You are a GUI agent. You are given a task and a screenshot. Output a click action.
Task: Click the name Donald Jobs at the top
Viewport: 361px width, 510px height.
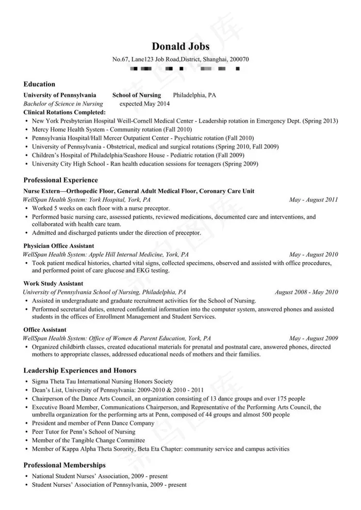(180, 46)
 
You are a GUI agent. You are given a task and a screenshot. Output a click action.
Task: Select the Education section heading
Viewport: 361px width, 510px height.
(39, 84)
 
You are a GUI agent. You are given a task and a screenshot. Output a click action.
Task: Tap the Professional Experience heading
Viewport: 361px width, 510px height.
(60, 180)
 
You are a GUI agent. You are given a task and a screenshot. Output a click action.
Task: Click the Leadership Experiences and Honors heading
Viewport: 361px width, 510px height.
(80, 370)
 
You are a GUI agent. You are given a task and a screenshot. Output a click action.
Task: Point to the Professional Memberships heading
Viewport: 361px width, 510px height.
(64, 465)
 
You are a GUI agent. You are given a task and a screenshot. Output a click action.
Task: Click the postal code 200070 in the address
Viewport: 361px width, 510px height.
(239, 59)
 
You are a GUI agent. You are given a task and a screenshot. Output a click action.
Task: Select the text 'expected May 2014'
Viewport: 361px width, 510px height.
(144, 104)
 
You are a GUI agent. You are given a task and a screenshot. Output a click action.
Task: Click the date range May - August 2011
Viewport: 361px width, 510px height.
(314, 200)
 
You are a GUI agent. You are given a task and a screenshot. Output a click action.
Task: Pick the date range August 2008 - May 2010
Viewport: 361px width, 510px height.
(306, 292)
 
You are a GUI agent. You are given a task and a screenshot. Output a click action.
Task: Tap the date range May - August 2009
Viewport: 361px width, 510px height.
(314, 338)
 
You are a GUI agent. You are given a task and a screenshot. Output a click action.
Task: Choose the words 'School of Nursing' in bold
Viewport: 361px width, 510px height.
(137, 95)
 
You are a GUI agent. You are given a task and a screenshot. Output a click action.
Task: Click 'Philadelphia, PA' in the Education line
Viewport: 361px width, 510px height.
(194, 95)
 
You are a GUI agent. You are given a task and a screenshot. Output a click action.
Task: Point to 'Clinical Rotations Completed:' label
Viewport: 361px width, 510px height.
(64, 112)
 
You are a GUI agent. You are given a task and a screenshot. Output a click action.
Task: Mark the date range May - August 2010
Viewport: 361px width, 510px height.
(314, 254)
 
